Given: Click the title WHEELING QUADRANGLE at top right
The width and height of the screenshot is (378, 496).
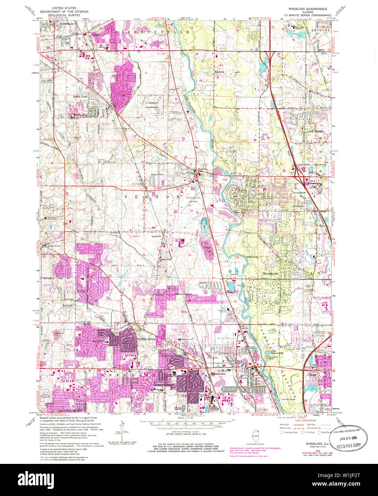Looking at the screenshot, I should (x=310, y=8).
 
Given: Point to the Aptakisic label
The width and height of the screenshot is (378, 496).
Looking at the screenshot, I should (x=156, y=236).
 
